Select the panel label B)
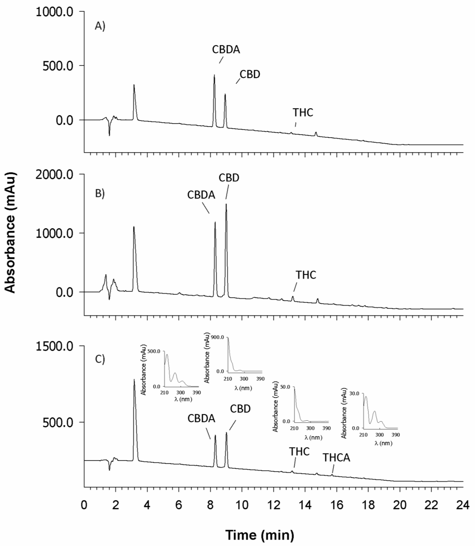(100, 194)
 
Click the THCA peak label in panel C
(336, 458)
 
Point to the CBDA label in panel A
(226, 50)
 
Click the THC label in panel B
(306, 275)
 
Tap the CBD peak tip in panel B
(226, 204)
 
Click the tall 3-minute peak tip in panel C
(134, 380)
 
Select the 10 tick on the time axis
(242, 505)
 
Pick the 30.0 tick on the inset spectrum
(355, 394)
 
